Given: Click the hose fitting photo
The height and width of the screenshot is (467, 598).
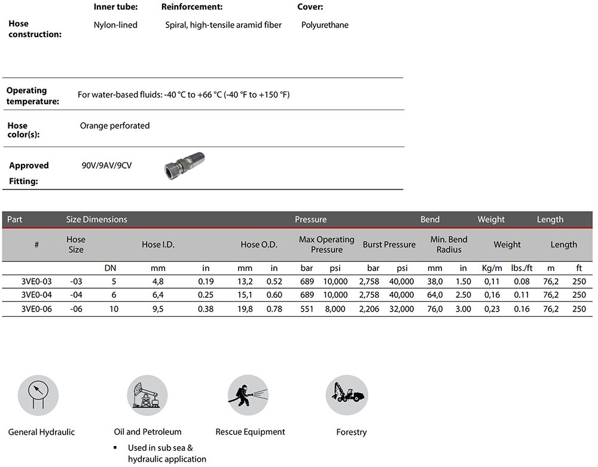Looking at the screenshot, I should coord(184,164).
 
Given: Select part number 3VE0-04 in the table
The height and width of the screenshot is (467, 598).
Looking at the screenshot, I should coord(36,295).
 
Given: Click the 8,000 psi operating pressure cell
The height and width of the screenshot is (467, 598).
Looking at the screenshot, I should coord(335,309).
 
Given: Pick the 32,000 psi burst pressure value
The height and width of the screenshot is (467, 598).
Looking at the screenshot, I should coord(401,309).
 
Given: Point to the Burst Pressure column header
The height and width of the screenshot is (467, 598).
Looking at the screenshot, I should coord(389,245).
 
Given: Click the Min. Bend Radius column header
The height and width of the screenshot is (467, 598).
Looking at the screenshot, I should coord(448,245).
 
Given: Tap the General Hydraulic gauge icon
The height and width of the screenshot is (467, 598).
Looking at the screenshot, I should coord(38,395).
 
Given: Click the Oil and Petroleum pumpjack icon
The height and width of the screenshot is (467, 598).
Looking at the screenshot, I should coord(147,395).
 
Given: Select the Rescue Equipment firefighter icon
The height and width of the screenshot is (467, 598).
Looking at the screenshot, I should coord(248,395).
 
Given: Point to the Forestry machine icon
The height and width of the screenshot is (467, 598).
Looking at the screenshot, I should coord(346,395).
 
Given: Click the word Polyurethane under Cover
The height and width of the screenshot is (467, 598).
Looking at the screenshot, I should coord(325,25).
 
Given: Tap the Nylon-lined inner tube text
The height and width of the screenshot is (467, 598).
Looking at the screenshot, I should coord(115,25).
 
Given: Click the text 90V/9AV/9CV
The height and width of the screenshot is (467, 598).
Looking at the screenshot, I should coord(106,165).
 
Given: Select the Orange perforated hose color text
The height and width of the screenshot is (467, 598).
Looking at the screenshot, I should coord(115,126).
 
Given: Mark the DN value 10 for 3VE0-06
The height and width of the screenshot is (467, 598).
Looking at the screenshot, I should coord(110,309).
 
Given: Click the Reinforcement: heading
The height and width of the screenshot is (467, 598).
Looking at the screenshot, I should coord(192,7).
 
